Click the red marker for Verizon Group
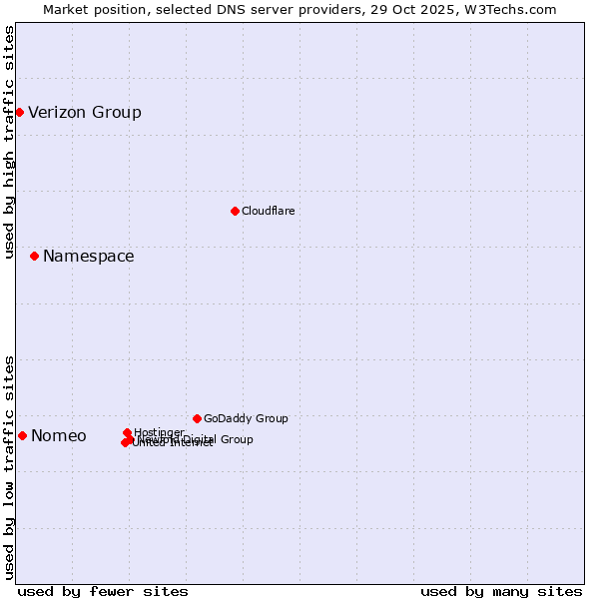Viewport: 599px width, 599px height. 19,112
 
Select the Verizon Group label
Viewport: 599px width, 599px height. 85,112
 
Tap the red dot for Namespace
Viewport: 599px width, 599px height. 34,257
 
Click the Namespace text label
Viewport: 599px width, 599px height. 88,257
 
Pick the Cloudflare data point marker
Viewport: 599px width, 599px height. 235,211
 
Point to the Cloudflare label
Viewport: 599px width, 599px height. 268,211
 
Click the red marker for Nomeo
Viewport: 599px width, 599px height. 22,435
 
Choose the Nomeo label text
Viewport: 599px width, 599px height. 58,436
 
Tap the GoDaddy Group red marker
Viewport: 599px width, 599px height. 197,418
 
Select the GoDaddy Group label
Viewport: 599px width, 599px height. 246,419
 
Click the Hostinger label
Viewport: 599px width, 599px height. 159,432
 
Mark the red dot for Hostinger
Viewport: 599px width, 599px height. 127,433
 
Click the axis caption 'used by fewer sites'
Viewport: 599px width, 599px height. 103,591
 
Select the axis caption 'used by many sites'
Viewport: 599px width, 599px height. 501,591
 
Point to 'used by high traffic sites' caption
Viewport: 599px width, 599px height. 9,142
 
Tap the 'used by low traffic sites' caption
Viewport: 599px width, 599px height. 9,467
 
